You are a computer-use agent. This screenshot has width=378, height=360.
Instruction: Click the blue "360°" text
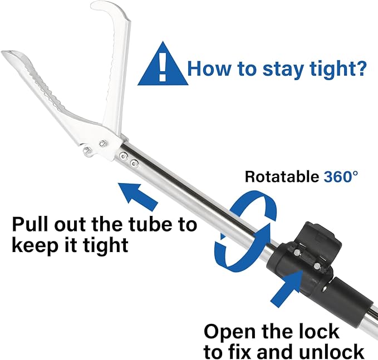[x=341, y=176]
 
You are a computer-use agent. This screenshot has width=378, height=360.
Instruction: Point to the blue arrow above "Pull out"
[x=138, y=196]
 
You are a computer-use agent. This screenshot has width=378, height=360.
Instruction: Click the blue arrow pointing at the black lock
[x=287, y=286]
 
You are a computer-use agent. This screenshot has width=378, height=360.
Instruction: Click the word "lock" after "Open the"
[x=319, y=331]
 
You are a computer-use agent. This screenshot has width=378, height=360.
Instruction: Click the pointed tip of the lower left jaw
[x=3, y=52]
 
